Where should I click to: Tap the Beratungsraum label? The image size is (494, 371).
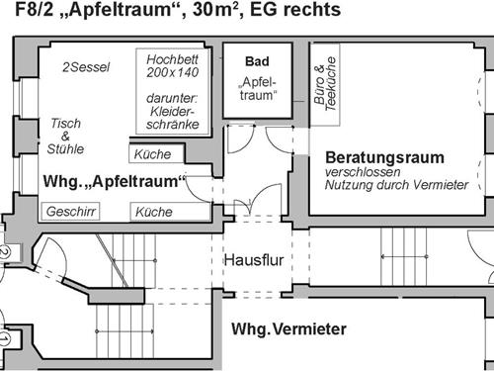(x=384, y=157)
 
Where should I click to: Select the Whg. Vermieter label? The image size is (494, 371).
(x=288, y=328)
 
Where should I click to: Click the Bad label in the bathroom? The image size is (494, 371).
(x=257, y=61)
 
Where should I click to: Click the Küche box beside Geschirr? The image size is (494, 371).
(x=153, y=212)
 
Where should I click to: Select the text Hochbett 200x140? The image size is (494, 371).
(x=173, y=65)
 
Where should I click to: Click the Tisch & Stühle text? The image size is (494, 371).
(x=66, y=136)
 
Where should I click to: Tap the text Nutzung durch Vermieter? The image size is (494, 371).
(x=395, y=185)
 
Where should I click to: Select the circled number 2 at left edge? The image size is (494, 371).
(x=3, y=253)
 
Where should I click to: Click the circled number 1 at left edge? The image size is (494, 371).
(x=3, y=339)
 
